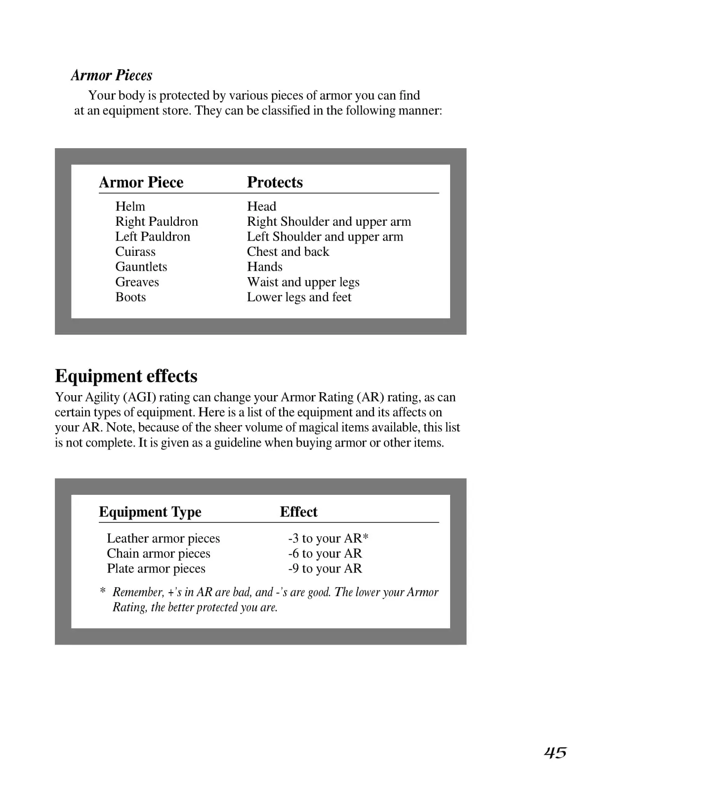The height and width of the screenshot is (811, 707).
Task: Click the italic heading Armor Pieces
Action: (x=111, y=75)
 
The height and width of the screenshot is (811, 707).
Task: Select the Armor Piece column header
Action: (x=141, y=182)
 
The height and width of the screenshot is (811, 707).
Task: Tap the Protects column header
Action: (x=275, y=182)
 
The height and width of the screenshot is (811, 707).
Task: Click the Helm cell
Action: (x=130, y=206)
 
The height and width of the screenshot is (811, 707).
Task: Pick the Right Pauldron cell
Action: (x=156, y=221)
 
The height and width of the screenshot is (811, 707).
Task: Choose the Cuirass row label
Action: (x=135, y=252)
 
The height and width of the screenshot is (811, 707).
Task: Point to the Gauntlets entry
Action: (x=141, y=267)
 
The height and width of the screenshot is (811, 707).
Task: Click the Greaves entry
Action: (x=137, y=282)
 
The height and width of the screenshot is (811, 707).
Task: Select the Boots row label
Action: (x=130, y=297)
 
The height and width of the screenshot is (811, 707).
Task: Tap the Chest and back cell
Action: (x=288, y=252)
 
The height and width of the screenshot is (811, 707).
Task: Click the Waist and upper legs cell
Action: (x=303, y=282)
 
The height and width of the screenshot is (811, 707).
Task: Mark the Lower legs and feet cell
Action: (x=299, y=297)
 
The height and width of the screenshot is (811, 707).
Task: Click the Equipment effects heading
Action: (x=126, y=376)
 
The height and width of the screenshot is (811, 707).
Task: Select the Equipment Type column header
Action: (x=150, y=512)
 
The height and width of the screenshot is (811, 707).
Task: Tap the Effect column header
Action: (x=298, y=512)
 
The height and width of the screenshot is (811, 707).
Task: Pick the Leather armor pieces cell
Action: (x=163, y=538)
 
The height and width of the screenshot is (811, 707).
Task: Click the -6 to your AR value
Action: (x=325, y=554)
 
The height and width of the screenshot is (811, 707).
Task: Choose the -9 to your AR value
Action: (x=325, y=568)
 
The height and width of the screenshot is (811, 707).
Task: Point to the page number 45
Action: (x=555, y=752)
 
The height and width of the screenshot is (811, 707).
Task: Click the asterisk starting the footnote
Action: (x=103, y=591)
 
